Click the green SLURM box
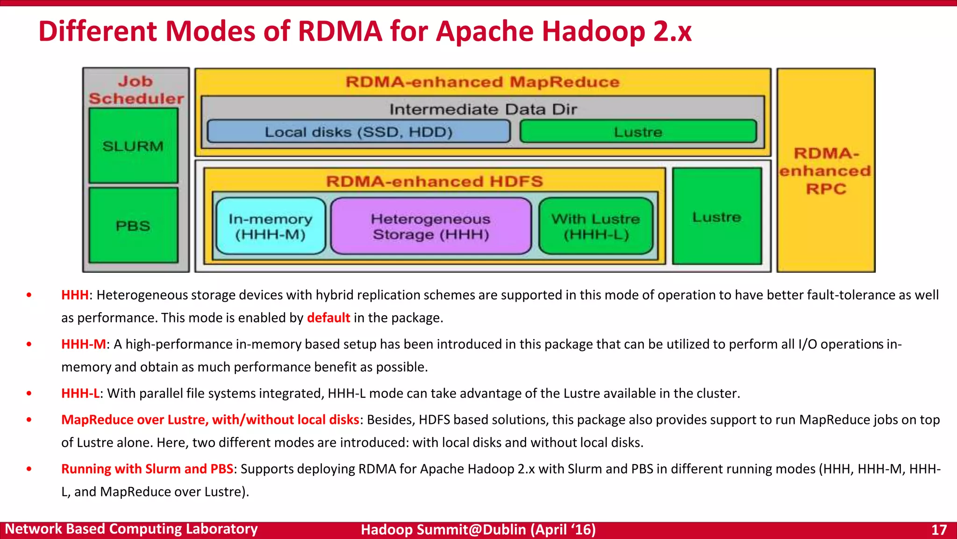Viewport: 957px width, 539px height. [x=133, y=146]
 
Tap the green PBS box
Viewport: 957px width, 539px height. [x=133, y=226]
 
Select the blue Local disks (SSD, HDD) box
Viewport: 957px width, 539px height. [x=358, y=131]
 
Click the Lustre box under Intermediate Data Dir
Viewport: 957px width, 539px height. [x=638, y=131]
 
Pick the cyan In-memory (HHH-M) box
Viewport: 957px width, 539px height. [x=271, y=226]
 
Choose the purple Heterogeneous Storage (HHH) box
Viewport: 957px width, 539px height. [x=431, y=226]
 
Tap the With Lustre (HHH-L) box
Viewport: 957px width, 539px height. [x=596, y=226]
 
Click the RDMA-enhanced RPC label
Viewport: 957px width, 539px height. [x=826, y=171]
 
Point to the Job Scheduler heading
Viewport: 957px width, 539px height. [x=136, y=89]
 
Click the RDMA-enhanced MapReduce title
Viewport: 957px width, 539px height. [x=482, y=82]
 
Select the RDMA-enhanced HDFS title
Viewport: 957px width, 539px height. [x=434, y=181]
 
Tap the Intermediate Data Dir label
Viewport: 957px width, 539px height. [x=483, y=109]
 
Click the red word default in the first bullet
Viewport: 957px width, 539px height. [x=328, y=318]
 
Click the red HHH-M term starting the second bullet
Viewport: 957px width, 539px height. [x=84, y=344]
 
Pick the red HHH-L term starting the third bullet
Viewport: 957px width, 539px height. [x=80, y=393]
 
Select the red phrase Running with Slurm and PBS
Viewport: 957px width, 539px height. [x=147, y=468]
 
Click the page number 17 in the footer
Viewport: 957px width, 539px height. [x=939, y=529]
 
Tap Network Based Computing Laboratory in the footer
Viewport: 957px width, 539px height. [x=131, y=529]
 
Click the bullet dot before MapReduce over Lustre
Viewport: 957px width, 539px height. [x=29, y=420]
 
